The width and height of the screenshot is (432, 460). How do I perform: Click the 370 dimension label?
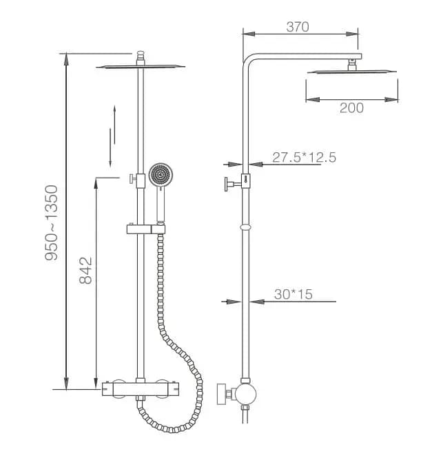pos(298,27)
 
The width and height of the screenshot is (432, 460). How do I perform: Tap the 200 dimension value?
pos(351,108)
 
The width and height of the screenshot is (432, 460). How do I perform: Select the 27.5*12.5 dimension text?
pos(304,157)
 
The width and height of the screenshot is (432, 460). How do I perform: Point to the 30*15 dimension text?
pos(294,294)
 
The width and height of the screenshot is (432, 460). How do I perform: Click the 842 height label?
pos(85,271)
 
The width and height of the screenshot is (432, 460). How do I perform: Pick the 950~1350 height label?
pos(52,222)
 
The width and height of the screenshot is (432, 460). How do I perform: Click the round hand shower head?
pos(161,176)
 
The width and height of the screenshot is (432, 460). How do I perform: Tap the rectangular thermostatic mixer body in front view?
pos(141,389)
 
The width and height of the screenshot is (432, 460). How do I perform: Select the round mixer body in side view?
pos(246,395)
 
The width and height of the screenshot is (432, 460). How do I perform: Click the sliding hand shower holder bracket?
pos(146,229)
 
